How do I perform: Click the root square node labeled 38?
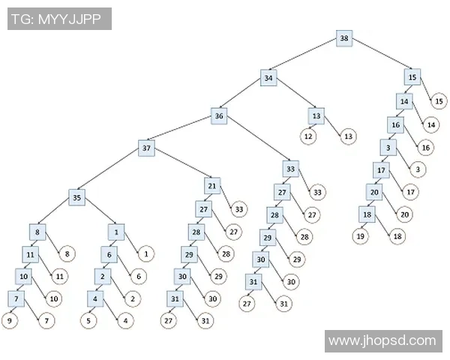tap(344, 38)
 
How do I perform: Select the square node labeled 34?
tap(269, 77)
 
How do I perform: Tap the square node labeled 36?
tap(219, 116)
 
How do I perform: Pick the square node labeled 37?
tap(148, 148)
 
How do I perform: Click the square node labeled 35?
tap(76, 198)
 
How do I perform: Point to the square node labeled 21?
tap(212, 185)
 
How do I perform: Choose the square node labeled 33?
tap(291, 169)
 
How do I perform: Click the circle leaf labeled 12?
tap(308, 136)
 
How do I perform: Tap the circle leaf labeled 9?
tap(10, 321)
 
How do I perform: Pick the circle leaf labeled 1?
tap(145, 253)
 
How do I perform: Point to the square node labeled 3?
tap(388, 147)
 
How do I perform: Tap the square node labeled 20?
tap(374, 192)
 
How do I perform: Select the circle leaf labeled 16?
tap(424, 147)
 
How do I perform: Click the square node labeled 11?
tap(31, 254)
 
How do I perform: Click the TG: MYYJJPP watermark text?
tap(60, 19)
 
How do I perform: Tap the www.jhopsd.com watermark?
tap(382, 341)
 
